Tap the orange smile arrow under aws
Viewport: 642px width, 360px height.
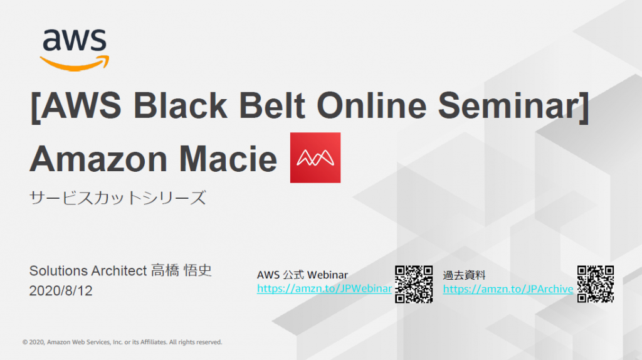75,64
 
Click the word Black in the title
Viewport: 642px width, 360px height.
180,105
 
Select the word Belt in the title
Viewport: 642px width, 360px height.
272,105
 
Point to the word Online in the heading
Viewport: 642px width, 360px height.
372,105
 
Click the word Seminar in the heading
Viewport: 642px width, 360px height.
509,105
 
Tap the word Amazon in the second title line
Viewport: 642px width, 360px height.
98,159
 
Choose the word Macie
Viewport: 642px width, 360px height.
228,159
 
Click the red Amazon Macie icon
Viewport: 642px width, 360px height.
315,157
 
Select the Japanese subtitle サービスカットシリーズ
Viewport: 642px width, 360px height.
117,198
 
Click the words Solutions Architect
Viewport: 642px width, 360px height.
88,271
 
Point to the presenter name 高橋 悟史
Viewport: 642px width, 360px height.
181,271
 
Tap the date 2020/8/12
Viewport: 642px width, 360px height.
61,291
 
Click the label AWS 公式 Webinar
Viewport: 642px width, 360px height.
302,275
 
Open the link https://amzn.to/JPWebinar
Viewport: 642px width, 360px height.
324,289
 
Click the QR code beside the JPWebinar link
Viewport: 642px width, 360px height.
414,284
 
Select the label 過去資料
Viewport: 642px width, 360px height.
465,275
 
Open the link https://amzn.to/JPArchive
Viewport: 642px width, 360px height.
508,289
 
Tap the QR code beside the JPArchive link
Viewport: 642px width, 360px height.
596,284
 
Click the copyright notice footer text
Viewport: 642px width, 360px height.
122,342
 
